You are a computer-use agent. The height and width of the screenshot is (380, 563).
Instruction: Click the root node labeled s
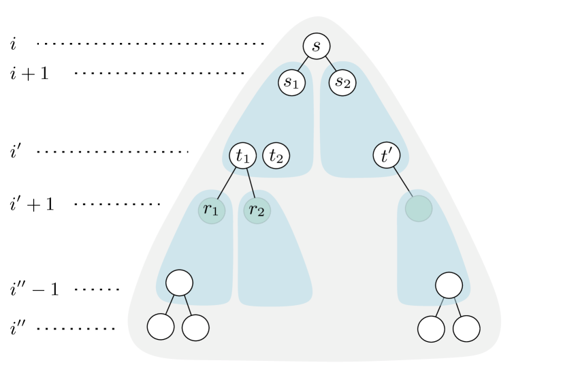316,46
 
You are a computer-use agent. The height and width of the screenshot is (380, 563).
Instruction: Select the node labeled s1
291,82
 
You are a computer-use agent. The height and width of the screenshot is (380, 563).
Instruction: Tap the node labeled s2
342,82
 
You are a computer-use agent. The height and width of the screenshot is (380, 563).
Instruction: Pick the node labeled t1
242,155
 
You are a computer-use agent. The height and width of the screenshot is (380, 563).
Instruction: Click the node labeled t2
276,155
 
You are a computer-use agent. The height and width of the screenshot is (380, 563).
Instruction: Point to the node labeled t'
387,155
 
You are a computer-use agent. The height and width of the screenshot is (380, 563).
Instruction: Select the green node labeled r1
211,210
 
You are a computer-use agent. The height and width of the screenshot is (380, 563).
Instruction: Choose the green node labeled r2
257,210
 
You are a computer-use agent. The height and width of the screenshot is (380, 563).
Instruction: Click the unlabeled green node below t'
419,208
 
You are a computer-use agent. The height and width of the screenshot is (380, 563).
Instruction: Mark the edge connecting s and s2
330,65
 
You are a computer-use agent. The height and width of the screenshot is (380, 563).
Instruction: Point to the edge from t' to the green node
403,183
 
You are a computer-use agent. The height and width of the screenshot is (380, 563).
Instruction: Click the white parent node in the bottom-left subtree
179,282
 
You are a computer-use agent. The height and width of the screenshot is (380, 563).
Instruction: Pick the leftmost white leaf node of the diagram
161,327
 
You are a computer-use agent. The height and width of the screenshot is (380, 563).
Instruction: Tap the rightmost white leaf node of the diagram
466,328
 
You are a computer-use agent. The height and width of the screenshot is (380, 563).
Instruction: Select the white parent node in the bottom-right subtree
449,285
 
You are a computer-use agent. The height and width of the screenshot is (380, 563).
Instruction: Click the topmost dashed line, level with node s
150,44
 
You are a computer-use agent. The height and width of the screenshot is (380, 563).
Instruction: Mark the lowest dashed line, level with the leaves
80,329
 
